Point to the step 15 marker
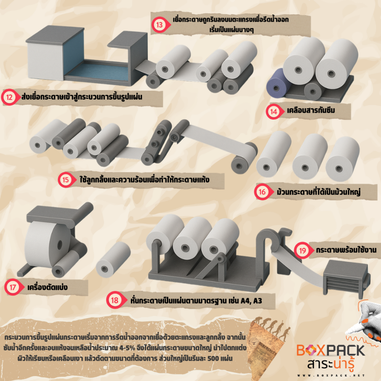tap(66, 179)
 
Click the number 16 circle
tap(263, 192)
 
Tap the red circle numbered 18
tap(115, 300)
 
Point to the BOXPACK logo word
tap(330, 350)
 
